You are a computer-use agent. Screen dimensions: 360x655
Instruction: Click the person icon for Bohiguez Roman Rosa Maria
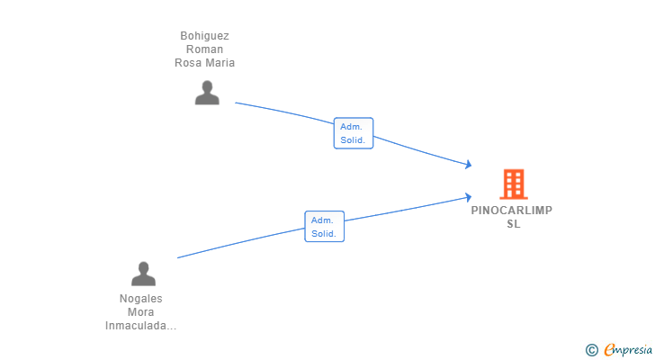207,93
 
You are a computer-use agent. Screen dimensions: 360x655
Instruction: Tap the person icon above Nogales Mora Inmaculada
143,274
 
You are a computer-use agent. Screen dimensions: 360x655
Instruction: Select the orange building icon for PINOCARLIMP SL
513,184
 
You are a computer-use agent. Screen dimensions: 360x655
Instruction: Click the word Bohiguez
204,36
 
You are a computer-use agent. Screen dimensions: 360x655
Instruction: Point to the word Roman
204,49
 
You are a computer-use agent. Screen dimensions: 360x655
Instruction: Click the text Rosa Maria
204,63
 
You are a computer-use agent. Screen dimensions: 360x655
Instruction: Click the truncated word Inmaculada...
140,326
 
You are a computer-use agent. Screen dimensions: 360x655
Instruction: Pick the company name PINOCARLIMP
512,211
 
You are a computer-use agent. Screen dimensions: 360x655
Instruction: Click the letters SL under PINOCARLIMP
513,224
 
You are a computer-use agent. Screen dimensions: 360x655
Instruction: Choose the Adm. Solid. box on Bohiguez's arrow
353,133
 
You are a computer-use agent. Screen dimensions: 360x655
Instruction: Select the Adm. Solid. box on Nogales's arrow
324,226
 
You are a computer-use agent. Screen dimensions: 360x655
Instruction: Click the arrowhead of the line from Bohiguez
468,165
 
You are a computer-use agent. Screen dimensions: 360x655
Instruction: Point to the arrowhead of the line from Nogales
468,197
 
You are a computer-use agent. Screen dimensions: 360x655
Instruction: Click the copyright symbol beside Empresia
591,349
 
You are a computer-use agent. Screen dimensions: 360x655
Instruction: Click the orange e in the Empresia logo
609,349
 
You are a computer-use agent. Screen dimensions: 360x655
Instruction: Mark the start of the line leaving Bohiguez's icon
236,103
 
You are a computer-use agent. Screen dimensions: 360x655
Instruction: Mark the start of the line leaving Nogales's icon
178,258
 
